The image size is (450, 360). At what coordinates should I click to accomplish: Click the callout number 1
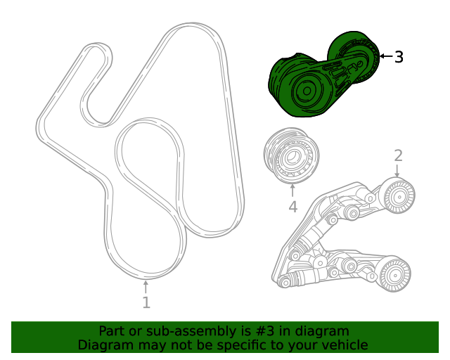[146, 303]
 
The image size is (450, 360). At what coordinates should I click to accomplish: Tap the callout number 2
[398, 155]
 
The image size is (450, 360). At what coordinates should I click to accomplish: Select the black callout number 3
[399, 57]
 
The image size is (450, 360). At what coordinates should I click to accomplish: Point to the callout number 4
[292, 207]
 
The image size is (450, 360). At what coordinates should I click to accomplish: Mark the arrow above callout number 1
[146, 286]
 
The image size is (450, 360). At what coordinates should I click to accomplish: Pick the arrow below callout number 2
[398, 171]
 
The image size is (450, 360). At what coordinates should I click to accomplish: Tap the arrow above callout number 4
[292, 190]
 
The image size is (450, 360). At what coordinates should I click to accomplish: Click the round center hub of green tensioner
[307, 92]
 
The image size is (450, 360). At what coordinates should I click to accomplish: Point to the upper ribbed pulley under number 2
[398, 195]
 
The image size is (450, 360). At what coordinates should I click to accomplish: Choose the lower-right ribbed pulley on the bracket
[394, 275]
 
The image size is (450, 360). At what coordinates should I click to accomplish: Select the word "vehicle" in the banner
[342, 345]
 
